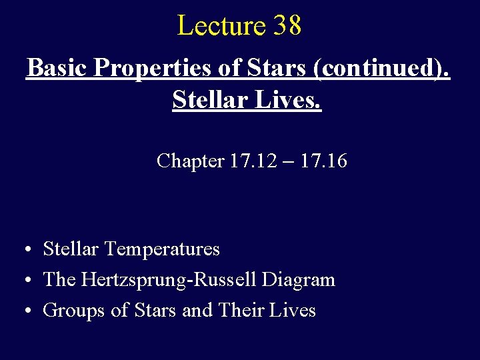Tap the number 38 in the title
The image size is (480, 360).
click(287, 26)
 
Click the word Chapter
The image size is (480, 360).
click(190, 161)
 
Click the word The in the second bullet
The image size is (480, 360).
click(59, 280)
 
